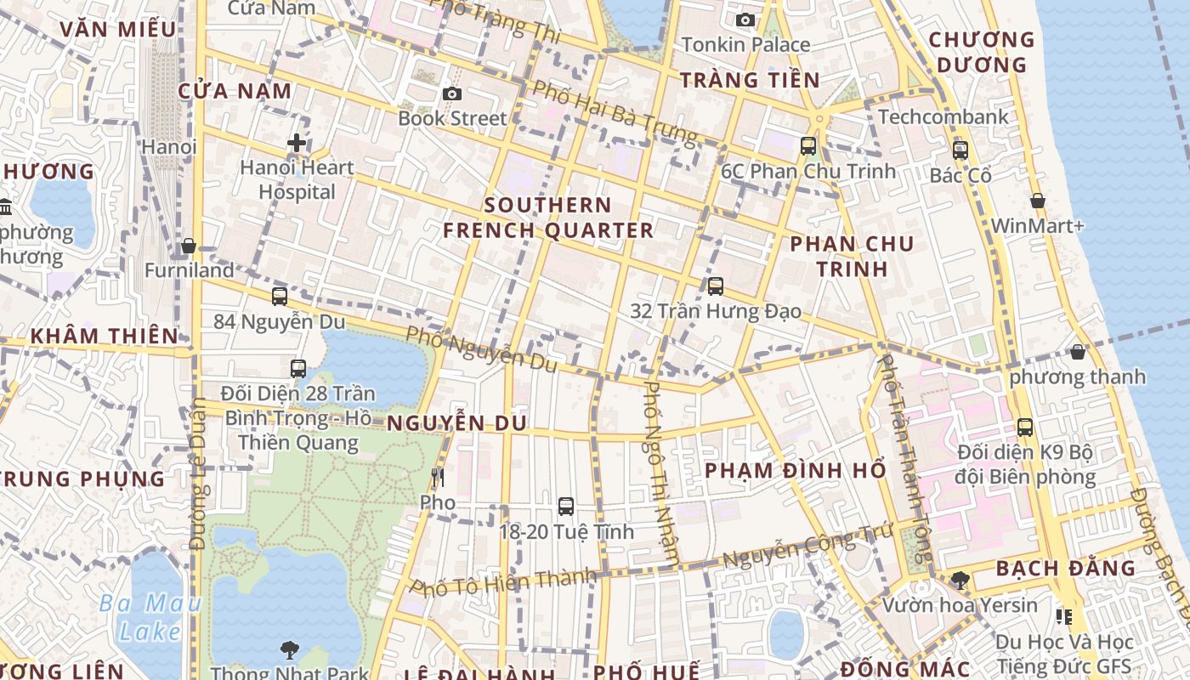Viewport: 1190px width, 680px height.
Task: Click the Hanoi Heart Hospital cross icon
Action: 296,143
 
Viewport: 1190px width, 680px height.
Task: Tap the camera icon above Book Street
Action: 451,93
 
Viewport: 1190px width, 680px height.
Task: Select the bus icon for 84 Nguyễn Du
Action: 280,297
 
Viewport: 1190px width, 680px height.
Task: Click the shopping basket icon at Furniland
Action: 189,246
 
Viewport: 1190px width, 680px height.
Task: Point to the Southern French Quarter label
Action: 548,218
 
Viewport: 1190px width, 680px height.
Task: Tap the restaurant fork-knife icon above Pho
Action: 439,477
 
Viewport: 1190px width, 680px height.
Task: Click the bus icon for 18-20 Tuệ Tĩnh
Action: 566,507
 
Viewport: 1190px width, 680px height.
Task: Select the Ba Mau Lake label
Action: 150,617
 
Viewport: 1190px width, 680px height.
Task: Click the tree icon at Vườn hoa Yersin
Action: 960,581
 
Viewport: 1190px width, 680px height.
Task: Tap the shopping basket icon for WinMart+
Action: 1038,201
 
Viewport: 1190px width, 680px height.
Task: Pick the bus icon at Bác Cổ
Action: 960,150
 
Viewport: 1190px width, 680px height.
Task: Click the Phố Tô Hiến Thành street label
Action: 504,582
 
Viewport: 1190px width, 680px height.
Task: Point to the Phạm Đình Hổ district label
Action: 796,470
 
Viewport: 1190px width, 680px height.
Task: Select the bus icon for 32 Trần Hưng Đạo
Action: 716,286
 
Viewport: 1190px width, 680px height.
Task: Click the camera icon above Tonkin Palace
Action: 745,20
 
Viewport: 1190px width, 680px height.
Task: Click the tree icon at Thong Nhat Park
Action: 290,650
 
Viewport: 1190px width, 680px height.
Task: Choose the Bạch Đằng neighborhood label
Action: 1065,568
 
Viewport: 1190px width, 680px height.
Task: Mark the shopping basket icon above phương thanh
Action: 1078,352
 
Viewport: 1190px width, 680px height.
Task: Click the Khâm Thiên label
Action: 105,336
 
